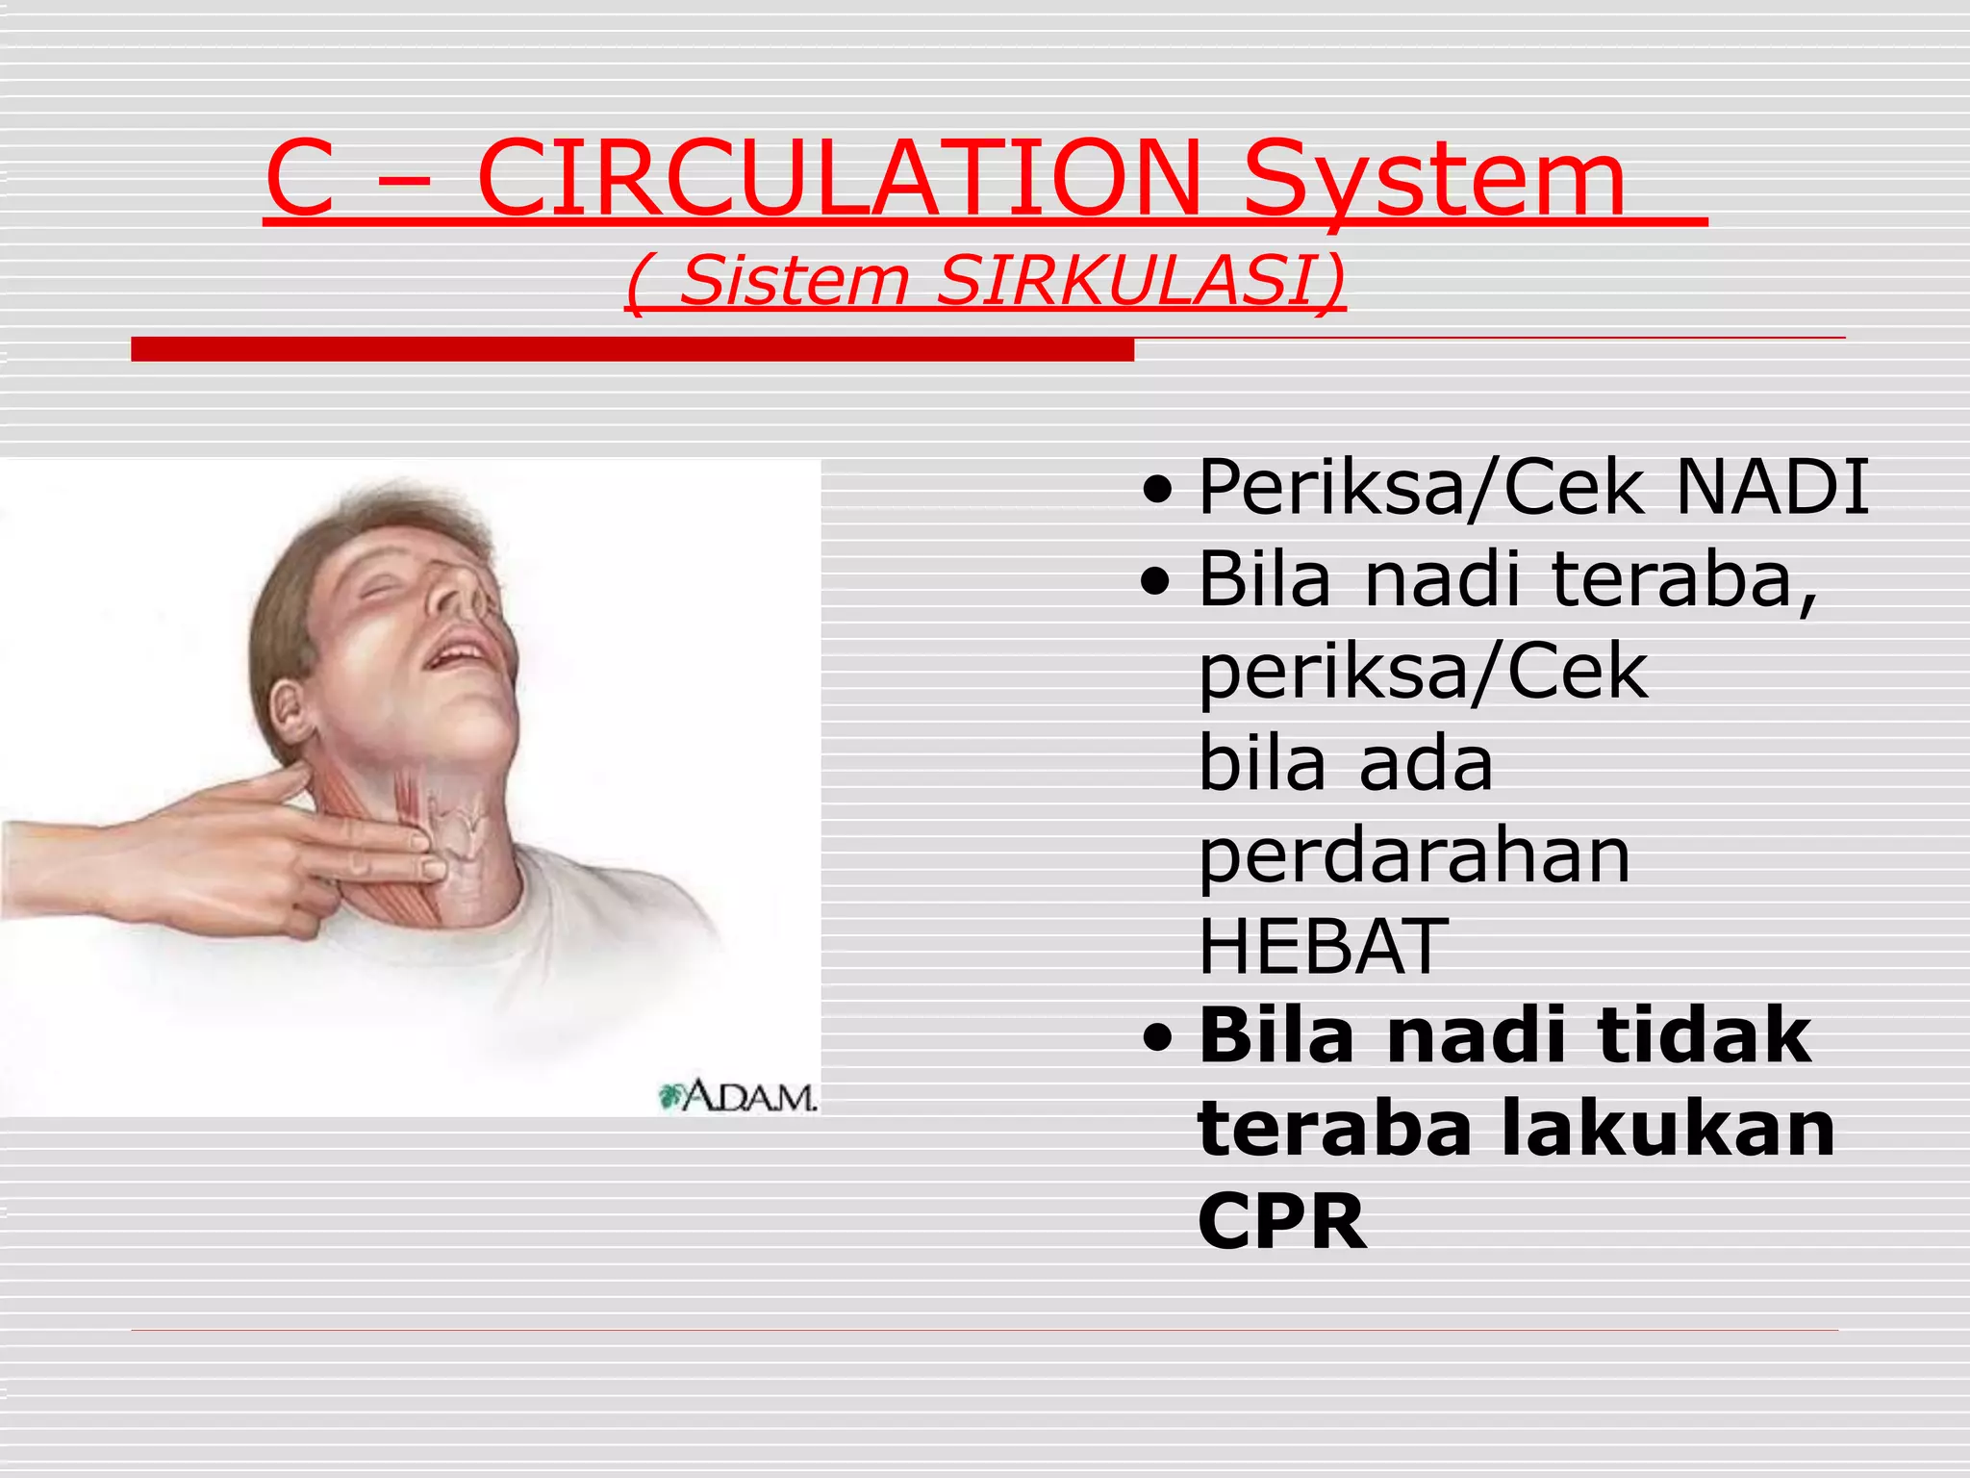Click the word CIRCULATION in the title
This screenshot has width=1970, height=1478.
click(839, 179)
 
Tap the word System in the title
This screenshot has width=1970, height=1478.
click(1433, 183)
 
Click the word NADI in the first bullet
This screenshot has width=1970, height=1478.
click(1773, 487)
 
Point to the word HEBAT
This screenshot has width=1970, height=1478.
click(1323, 946)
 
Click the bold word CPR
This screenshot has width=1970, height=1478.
click(1281, 1221)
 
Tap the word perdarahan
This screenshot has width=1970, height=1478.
click(1414, 855)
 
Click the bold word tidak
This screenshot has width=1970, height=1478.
click(1704, 1035)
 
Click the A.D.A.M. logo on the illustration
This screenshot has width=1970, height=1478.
click(739, 1096)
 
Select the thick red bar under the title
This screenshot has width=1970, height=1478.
click(632, 349)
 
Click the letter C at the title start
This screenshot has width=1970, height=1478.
click(300, 179)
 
